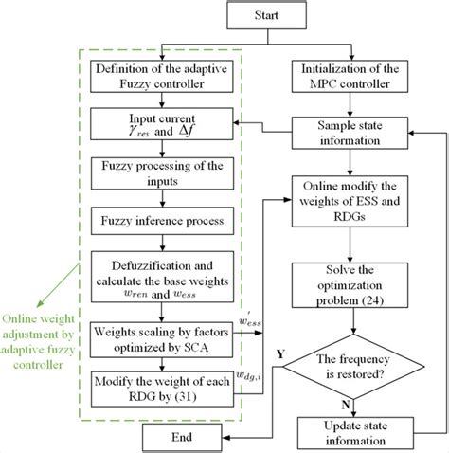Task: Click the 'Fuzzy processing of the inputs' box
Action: [163, 176]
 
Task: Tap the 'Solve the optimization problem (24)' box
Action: [352, 295]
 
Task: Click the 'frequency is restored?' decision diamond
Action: [352, 366]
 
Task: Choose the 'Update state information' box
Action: [352, 433]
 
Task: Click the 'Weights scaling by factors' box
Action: [163, 339]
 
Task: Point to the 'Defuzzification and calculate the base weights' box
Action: [163, 279]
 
